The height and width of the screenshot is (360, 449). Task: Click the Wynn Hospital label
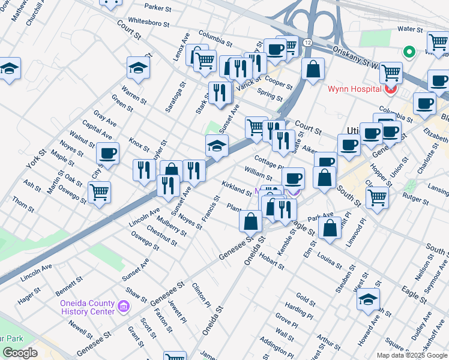point(354,89)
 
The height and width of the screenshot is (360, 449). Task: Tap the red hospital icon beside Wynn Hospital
point(391,89)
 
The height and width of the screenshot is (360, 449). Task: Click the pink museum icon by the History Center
point(124,308)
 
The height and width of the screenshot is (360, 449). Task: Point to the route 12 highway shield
point(307,43)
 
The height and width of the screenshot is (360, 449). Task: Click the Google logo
point(20,353)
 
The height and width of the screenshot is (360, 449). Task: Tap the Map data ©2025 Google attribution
point(412,355)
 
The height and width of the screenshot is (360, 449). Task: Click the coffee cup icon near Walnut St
point(108,154)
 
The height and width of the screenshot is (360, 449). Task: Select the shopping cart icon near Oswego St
point(99,193)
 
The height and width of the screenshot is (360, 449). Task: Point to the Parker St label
point(158,8)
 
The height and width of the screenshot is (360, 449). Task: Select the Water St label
point(411,29)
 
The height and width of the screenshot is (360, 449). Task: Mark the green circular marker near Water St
point(410,52)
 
